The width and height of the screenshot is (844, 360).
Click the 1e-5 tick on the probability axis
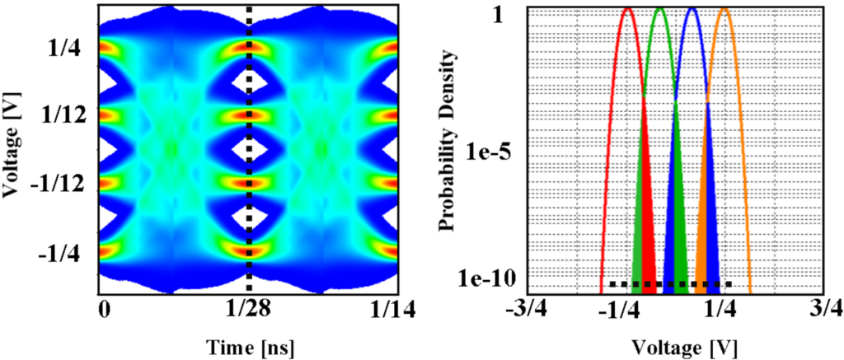(494, 153)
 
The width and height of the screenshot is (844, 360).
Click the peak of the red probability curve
(627, 10)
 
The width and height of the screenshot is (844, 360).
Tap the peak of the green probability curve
(659, 10)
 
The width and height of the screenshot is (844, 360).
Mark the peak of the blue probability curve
(692, 10)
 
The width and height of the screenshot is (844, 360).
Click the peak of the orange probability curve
(724, 10)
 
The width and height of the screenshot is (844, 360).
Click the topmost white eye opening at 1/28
(249, 82)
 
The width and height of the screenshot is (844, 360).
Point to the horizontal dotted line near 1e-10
(670, 285)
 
